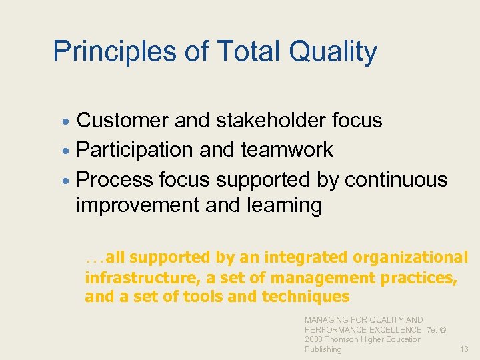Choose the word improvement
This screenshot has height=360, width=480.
point(138,206)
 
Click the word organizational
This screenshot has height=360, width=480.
point(410,257)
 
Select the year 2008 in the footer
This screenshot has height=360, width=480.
point(315,339)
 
